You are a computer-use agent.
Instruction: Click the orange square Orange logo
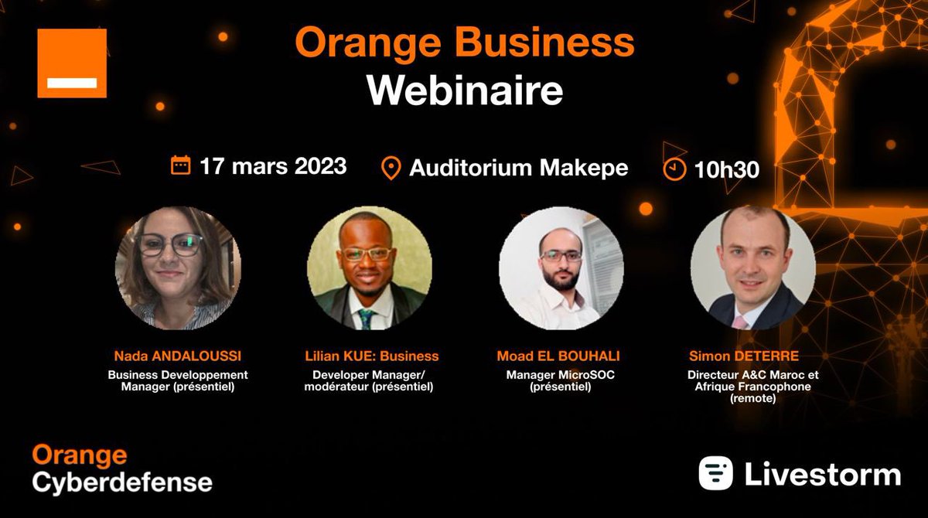click(72, 63)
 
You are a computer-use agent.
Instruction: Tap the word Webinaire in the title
click(464, 90)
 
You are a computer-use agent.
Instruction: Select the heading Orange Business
click(464, 43)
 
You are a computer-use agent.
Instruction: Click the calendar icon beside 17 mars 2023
click(180, 165)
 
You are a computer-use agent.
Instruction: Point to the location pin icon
click(391, 168)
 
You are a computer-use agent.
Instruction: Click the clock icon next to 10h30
click(674, 169)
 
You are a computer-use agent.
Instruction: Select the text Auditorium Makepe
click(518, 168)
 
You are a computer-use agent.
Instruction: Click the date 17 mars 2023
click(272, 165)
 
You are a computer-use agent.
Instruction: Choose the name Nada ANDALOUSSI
click(179, 356)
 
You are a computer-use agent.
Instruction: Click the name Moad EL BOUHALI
click(558, 356)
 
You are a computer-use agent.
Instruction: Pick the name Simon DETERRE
click(744, 356)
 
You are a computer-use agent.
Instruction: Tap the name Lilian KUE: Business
click(371, 356)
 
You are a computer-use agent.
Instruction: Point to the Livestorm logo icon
click(715, 473)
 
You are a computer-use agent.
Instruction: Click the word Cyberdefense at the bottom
click(122, 482)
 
